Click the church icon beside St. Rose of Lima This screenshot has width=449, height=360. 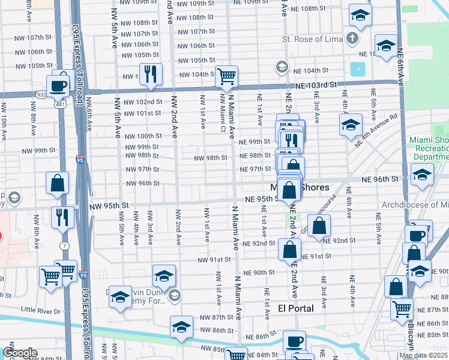tap(352, 40)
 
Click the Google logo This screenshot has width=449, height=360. tap(20, 353)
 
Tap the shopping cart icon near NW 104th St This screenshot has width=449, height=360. tap(227, 76)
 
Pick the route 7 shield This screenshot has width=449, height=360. tap(64, 246)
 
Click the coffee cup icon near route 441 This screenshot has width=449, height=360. tap(58, 85)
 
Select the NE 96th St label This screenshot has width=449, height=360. tap(379, 179)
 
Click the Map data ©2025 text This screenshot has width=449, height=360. tap(423, 355)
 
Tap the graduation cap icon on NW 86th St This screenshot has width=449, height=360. tap(181, 327)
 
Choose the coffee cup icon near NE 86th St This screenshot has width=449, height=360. tap(294, 341)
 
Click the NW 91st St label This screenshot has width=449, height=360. tap(215, 260)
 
